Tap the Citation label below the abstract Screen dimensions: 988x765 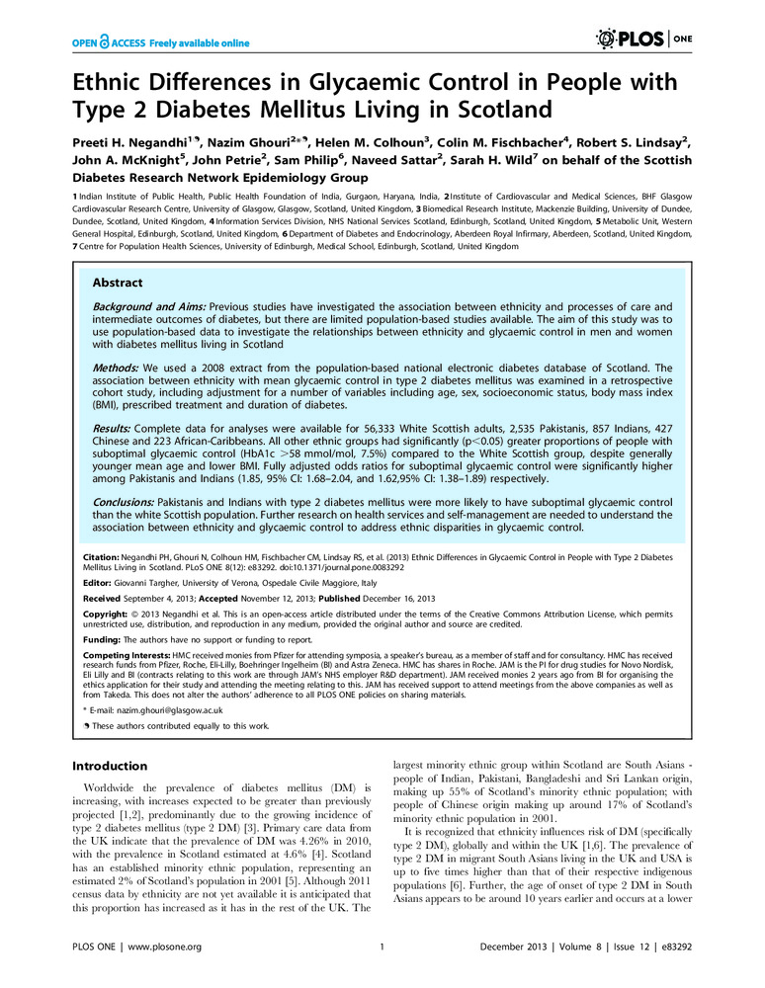pos(101,559)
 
